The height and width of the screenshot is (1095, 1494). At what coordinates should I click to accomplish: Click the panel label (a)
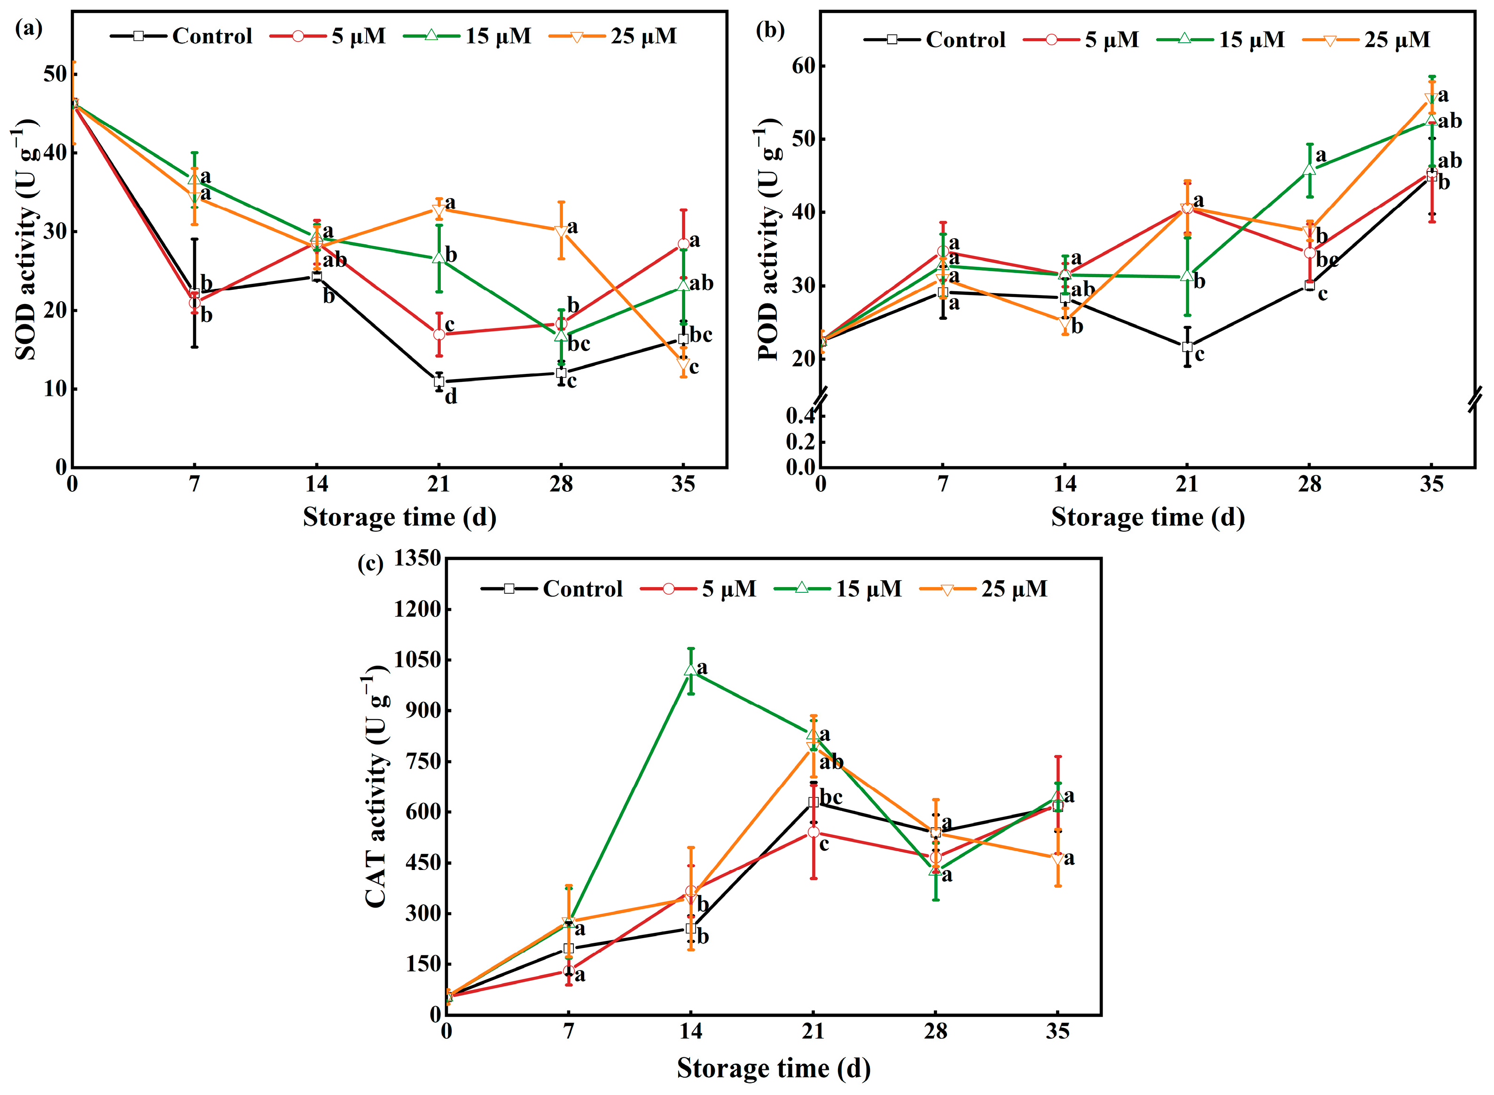pyautogui.click(x=29, y=29)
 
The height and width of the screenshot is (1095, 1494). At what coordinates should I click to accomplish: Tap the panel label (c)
pyautogui.click(x=369, y=564)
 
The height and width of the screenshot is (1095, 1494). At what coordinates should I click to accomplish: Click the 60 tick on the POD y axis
pyautogui.click(x=803, y=66)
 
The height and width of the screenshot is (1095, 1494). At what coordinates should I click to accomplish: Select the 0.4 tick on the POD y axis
pyautogui.click(x=800, y=416)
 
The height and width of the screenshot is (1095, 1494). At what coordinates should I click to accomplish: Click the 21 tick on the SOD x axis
pyautogui.click(x=438, y=484)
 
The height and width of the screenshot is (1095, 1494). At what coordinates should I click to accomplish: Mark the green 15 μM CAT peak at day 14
pyautogui.click(x=691, y=670)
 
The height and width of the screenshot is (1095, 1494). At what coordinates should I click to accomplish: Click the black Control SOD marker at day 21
pyautogui.click(x=439, y=382)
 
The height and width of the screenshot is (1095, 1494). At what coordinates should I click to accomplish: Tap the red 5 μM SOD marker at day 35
pyautogui.click(x=683, y=244)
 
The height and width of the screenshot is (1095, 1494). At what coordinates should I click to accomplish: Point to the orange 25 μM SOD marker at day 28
pyautogui.click(x=561, y=231)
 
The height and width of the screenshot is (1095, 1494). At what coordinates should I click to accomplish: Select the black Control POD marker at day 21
pyautogui.click(x=1187, y=347)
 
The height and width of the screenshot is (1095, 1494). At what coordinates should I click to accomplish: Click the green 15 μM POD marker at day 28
pyautogui.click(x=1309, y=169)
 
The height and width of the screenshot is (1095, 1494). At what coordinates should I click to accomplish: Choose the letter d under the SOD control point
pyautogui.click(x=451, y=397)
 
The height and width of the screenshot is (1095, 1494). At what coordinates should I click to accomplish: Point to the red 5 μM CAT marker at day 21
pyautogui.click(x=813, y=832)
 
